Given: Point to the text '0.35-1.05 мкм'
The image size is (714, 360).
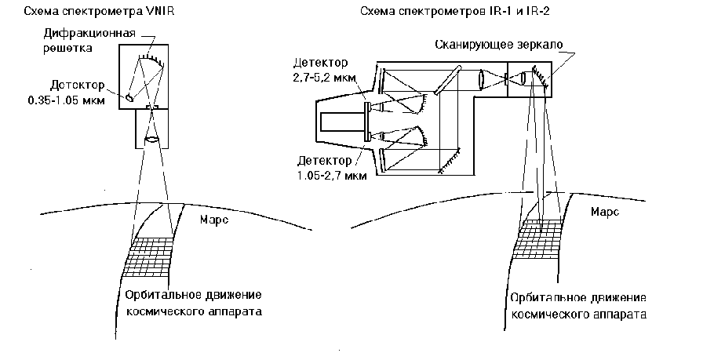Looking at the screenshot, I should [x=63, y=100].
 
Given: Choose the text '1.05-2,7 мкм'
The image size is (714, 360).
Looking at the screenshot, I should [x=328, y=174].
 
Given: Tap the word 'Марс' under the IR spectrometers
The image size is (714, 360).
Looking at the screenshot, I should [x=605, y=212].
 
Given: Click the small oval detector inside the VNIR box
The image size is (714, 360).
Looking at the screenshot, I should [x=129, y=97].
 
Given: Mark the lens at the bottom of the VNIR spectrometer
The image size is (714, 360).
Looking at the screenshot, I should [x=152, y=142].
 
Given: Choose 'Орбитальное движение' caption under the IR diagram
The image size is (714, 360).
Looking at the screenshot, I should [x=577, y=299].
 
